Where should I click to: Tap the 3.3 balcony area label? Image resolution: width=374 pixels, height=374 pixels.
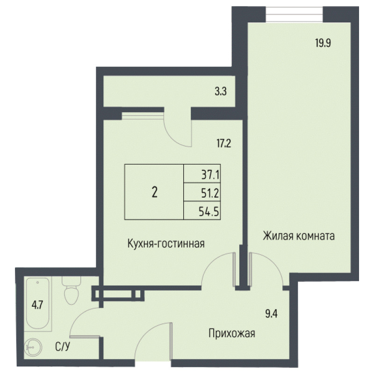[221, 92]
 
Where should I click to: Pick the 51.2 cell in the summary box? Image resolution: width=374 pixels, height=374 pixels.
[210, 193]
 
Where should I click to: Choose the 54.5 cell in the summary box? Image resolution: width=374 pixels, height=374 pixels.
[210, 211]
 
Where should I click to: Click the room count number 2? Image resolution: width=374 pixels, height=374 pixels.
[154, 192]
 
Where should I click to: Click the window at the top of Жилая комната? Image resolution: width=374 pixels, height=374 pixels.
[294, 14]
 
